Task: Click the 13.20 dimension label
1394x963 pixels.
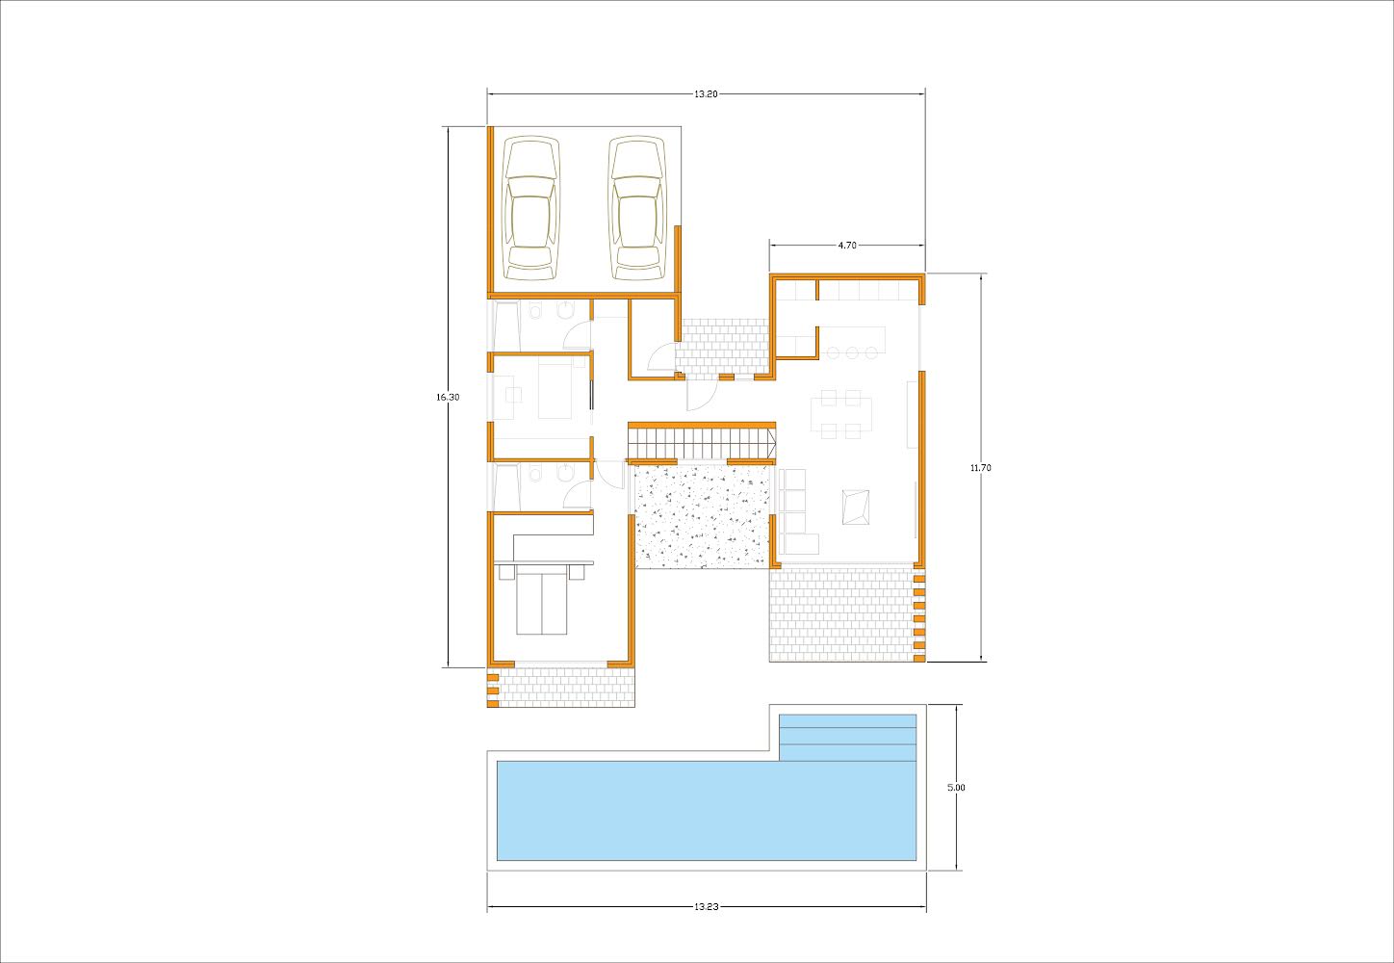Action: click(x=706, y=94)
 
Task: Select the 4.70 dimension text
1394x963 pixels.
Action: click(x=847, y=246)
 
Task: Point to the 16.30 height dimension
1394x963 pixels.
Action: click(x=448, y=397)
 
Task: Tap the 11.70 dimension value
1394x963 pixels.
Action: click(x=981, y=468)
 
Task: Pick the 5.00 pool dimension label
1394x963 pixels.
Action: click(x=956, y=788)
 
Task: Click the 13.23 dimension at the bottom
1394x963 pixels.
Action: click(x=707, y=907)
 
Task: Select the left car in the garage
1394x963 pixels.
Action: click(x=531, y=208)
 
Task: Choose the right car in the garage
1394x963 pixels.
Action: click(x=637, y=208)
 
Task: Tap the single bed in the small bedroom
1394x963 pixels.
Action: click(x=555, y=388)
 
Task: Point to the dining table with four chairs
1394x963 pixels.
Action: click(x=840, y=415)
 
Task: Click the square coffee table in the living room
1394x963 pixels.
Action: click(x=856, y=508)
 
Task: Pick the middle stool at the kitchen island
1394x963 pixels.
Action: click(x=852, y=353)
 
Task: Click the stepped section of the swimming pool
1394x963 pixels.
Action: click(x=847, y=738)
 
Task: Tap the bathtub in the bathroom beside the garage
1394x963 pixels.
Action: click(x=506, y=326)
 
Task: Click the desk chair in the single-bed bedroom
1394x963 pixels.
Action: click(x=514, y=395)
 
